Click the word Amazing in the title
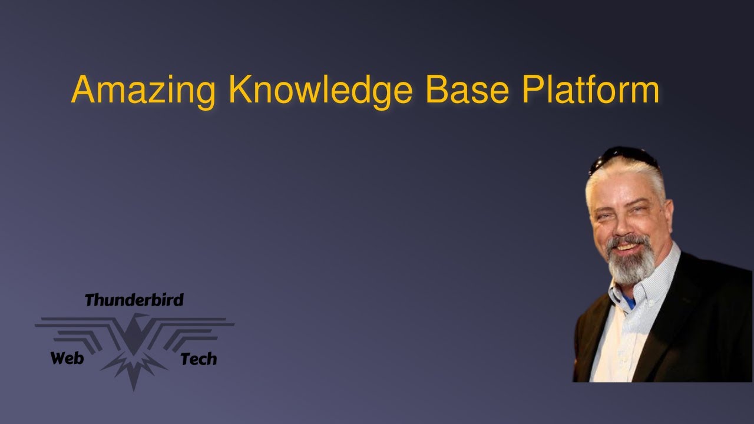pos(143,90)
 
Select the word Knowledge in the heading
pos(320,90)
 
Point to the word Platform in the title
pos(591,90)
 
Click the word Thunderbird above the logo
pos(134,300)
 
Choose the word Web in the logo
pos(67,357)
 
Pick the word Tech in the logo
pos(199,359)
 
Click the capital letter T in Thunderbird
pos(90,300)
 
